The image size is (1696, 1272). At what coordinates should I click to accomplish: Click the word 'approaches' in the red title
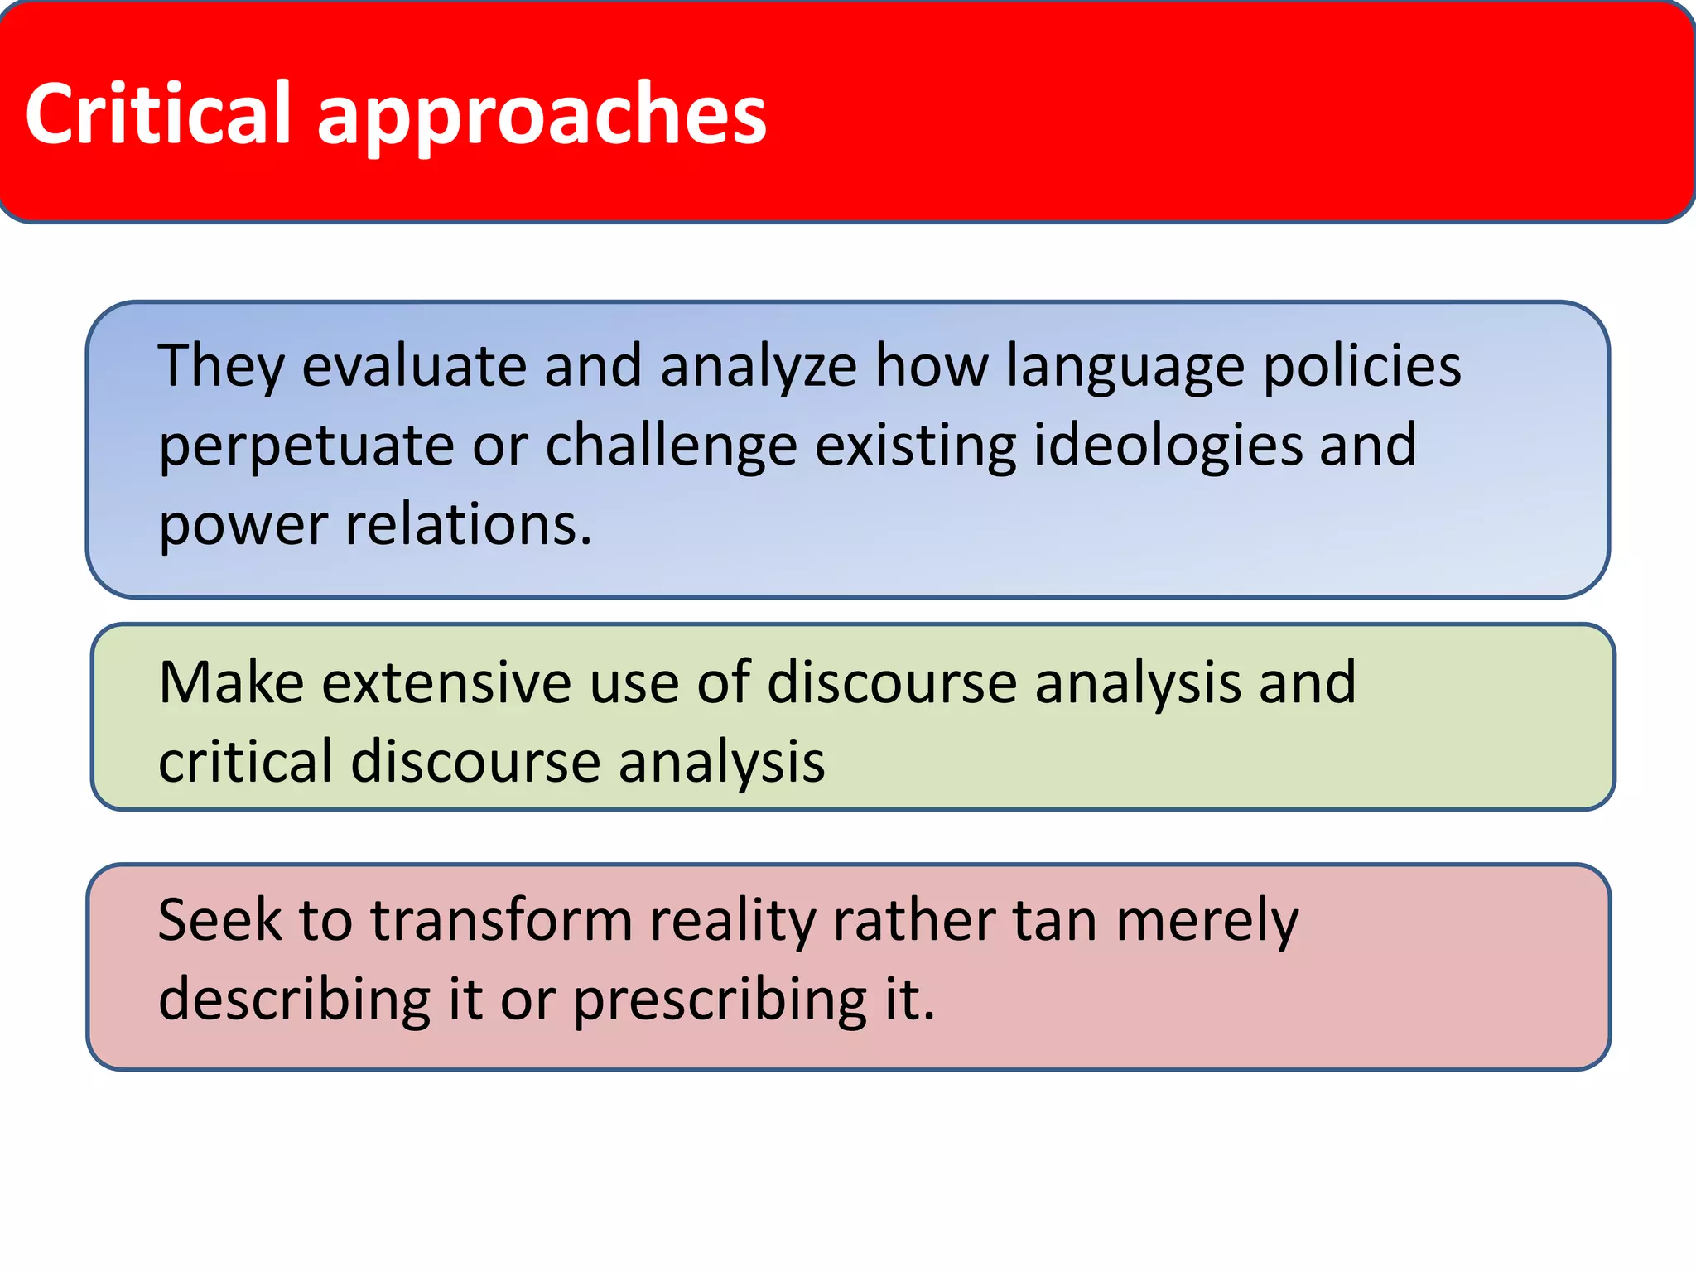tap(542, 116)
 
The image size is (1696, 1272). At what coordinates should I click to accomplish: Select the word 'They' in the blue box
tap(221, 366)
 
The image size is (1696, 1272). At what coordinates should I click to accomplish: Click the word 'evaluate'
tap(414, 366)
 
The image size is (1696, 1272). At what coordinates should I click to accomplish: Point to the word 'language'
tap(1125, 368)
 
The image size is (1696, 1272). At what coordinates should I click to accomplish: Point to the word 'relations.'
tap(469, 525)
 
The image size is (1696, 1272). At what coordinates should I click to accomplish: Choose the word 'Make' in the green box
tap(232, 683)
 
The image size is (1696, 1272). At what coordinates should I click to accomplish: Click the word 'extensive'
tap(446, 683)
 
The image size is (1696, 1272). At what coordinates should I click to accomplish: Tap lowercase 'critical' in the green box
tap(246, 762)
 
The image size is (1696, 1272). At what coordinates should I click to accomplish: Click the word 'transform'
tap(501, 920)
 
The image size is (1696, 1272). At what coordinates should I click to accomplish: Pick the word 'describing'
tap(295, 1000)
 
